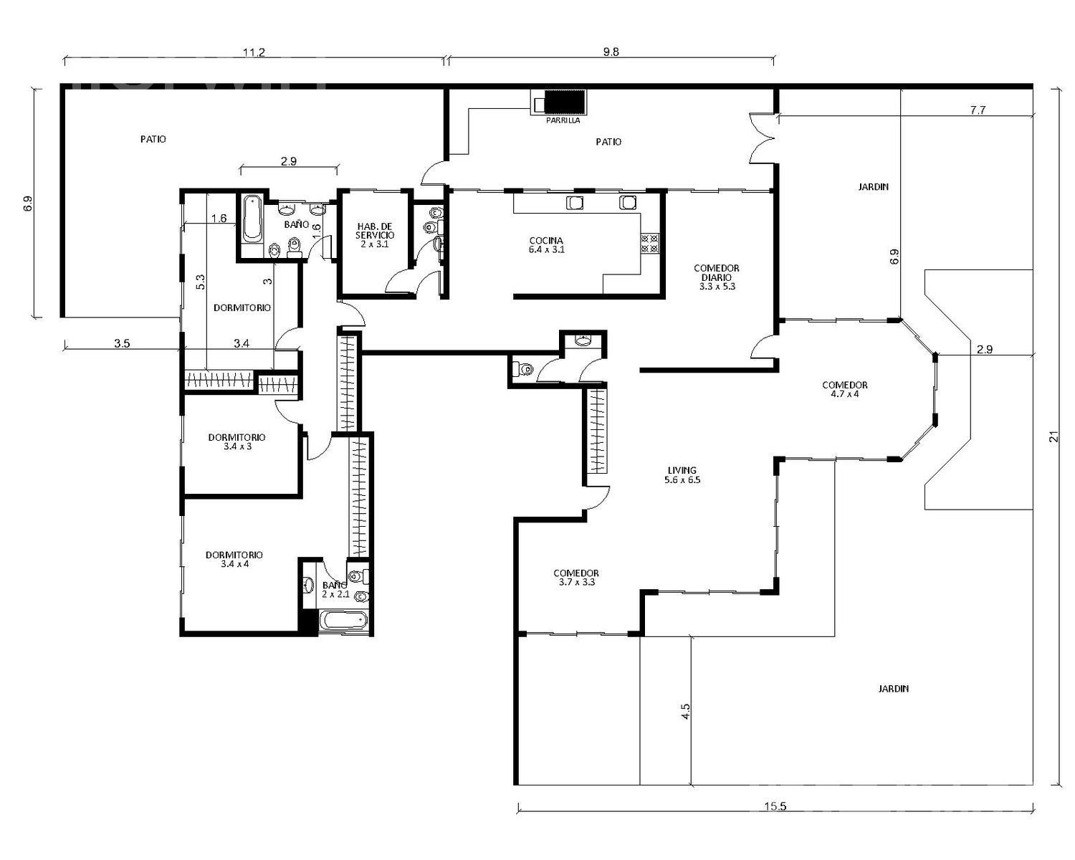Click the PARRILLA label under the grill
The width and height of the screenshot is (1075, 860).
coord(563,120)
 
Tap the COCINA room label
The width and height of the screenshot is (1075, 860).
coord(547,245)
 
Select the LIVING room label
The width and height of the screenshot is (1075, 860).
coord(682,474)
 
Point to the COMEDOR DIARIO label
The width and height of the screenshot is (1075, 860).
coord(717,277)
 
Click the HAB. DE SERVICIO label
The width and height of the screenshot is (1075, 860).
coord(375,235)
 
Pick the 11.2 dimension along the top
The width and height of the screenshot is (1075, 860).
coord(254,52)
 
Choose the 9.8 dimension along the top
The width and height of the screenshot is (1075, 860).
coord(611,52)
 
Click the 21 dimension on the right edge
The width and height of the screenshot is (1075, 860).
coord(1054,436)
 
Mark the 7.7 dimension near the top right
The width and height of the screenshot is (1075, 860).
coord(978,110)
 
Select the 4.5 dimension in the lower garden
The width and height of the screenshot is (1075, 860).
coord(685,711)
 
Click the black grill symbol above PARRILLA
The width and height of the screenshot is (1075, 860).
coord(565,103)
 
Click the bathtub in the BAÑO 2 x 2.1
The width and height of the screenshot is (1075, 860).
coord(343,622)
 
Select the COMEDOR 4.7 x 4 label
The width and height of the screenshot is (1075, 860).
coord(845,389)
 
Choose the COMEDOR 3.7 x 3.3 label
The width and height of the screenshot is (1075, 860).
coord(576,578)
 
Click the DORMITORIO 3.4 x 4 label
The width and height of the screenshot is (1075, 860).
coord(234,559)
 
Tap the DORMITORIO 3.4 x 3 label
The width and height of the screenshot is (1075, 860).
coord(236,441)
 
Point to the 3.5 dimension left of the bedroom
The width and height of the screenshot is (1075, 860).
coord(122,343)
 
